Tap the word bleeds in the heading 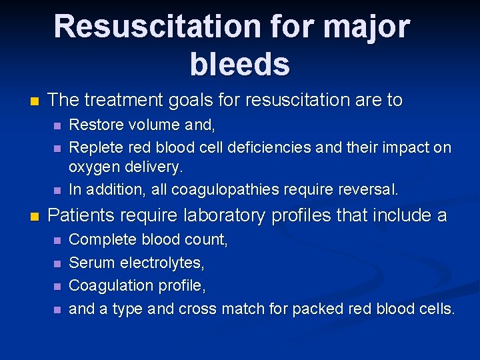pos(239,65)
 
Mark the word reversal pos(368,189)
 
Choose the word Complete pos(101,240)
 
